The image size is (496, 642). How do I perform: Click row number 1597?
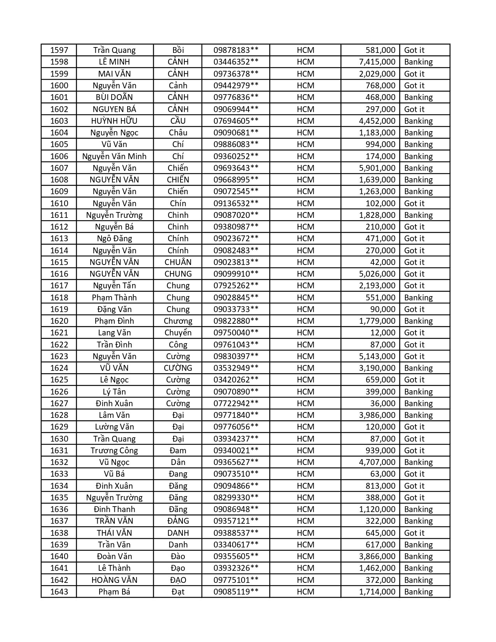[x=59, y=50]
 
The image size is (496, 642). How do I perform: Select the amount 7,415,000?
[x=377, y=62]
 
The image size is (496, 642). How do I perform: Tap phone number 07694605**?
[x=236, y=121]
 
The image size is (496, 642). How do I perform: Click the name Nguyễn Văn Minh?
[x=114, y=156]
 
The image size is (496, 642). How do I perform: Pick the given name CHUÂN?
[x=178, y=262]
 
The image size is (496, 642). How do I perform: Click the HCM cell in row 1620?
[x=305, y=321]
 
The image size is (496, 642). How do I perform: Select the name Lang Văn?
[x=114, y=333]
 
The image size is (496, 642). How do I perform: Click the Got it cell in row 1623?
[x=414, y=356]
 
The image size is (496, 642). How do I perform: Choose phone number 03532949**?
[x=236, y=368]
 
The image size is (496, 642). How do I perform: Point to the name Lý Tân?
[x=114, y=392]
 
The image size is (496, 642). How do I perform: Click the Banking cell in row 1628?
[x=418, y=415]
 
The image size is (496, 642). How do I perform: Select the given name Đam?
[x=178, y=451]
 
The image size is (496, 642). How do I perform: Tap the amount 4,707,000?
[x=377, y=462]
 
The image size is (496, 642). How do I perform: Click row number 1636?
[x=59, y=509]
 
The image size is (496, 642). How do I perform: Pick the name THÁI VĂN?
[x=114, y=533]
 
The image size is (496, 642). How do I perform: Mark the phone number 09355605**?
[x=236, y=556]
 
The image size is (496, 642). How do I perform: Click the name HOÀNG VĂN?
[x=114, y=580]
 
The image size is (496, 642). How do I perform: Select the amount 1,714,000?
[x=377, y=592]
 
